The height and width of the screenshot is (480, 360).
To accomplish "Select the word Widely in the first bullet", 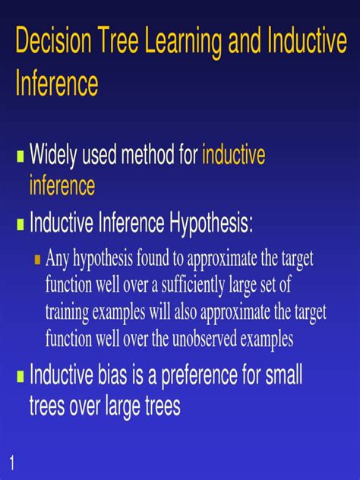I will click(55, 157).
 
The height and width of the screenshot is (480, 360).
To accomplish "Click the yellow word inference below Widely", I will click(62, 185).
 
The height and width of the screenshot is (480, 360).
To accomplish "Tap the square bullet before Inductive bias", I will click(21, 376).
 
